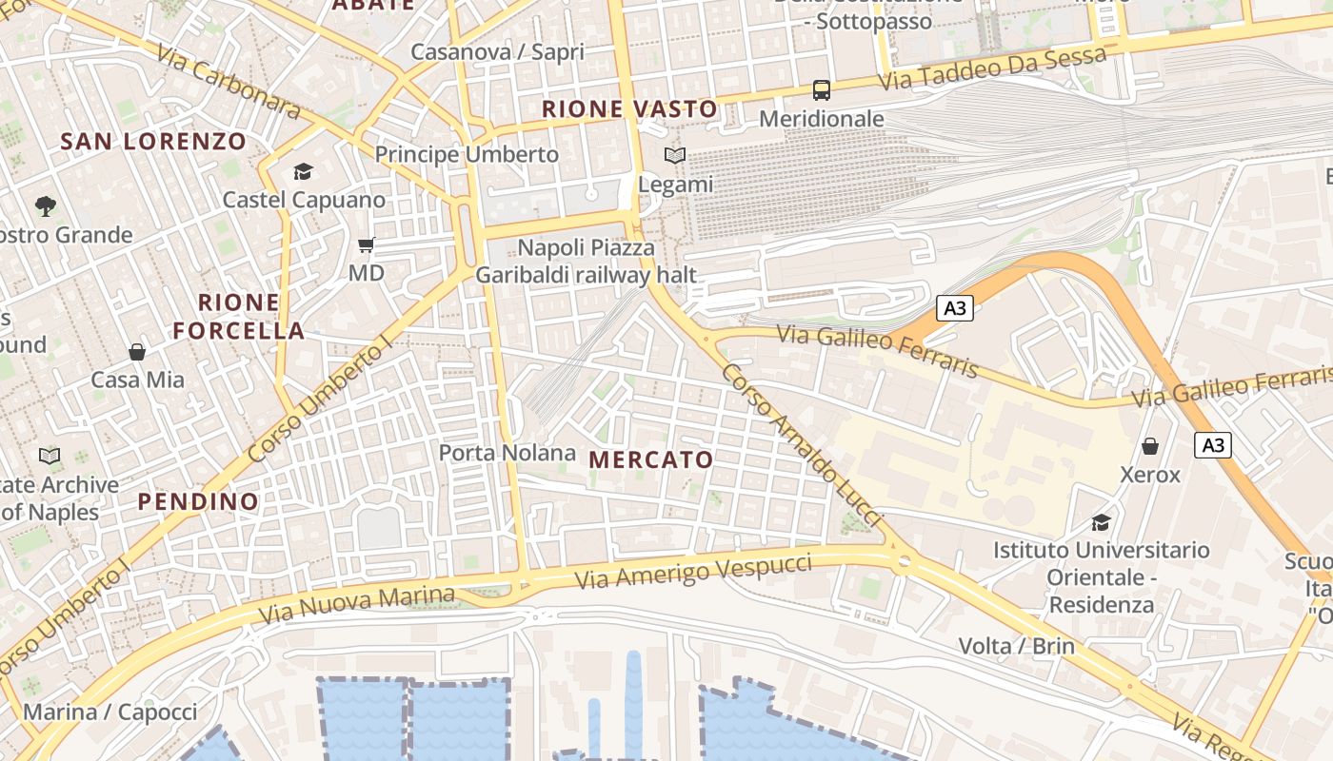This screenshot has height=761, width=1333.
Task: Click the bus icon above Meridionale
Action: pos(821,90)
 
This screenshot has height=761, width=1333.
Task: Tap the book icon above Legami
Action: pos(674,155)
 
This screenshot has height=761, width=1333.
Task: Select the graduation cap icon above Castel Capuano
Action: pos(303,171)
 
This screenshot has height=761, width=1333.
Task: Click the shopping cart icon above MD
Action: pos(366,245)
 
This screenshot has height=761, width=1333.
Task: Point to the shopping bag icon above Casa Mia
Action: pos(137,352)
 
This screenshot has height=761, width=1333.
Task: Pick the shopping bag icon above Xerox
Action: pos(1150,446)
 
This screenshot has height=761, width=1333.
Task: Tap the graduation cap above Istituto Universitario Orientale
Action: pos(1101,522)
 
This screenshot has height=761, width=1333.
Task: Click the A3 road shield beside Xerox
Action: pos(1213,444)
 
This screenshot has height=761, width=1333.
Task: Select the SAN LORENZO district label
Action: pos(153,142)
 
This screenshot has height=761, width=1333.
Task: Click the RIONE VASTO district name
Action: pos(629,109)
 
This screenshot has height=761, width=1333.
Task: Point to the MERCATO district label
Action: pos(651,460)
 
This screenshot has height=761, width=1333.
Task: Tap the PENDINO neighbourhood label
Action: pos(198,501)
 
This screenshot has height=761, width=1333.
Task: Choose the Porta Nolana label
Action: pos(507,453)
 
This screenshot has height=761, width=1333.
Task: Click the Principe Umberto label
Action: pos(467,154)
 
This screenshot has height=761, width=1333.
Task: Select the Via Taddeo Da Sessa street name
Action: pos(991,68)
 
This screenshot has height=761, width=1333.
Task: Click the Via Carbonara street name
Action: pos(229,84)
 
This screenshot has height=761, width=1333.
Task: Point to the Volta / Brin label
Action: pos(1016,647)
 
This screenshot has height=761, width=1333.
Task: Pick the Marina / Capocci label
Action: pos(110,712)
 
